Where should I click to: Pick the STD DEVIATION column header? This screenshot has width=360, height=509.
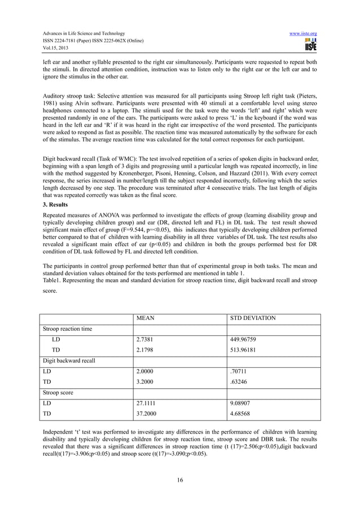(253, 319)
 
